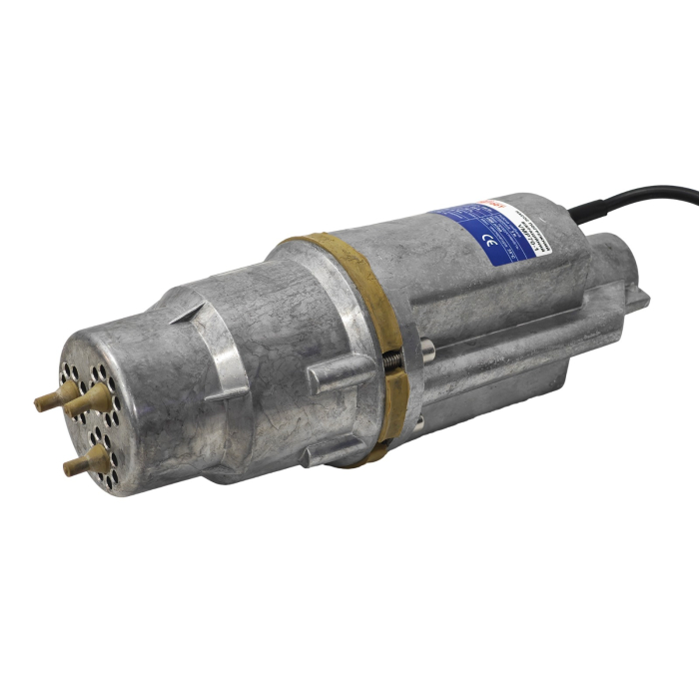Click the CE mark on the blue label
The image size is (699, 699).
point(486,240)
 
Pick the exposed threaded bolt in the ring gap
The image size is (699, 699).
point(391,362)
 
